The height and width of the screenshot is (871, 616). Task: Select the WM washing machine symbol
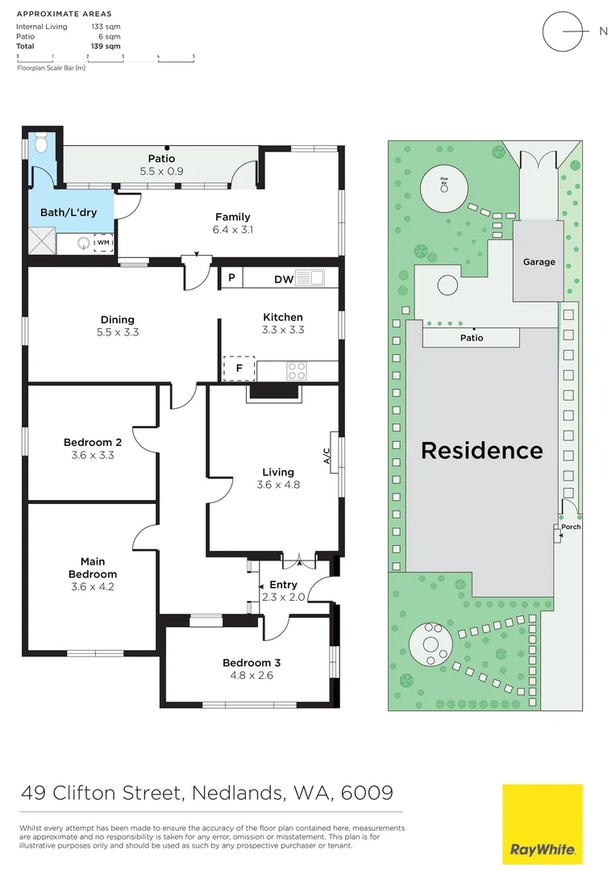pyautogui.click(x=103, y=242)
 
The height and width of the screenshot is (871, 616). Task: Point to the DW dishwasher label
pyautogui.click(x=282, y=279)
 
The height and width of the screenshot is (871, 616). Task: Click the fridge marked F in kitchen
pyautogui.click(x=239, y=369)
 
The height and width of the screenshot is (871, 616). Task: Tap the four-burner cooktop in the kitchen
pyautogui.click(x=297, y=371)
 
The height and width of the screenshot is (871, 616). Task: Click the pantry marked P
pyautogui.click(x=231, y=278)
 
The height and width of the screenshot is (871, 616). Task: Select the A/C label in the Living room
pyautogui.click(x=327, y=457)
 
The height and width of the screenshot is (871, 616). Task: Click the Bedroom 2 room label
pyautogui.click(x=93, y=442)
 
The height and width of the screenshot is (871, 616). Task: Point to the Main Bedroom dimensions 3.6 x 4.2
pyautogui.click(x=93, y=586)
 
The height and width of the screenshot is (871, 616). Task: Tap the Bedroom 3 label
pyautogui.click(x=252, y=663)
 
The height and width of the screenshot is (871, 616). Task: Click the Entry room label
pyautogui.click(x=283, y=585)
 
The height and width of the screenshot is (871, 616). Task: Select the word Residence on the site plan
pyautogui.click(x=482, y=450)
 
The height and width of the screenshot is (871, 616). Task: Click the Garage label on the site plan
pyautogui.click(x=539, y=262)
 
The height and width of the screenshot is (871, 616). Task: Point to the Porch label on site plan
pyautogui.click(x=571, y=527)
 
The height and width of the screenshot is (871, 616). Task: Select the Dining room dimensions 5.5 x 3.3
pyautogui.click(x=118, y=331)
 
